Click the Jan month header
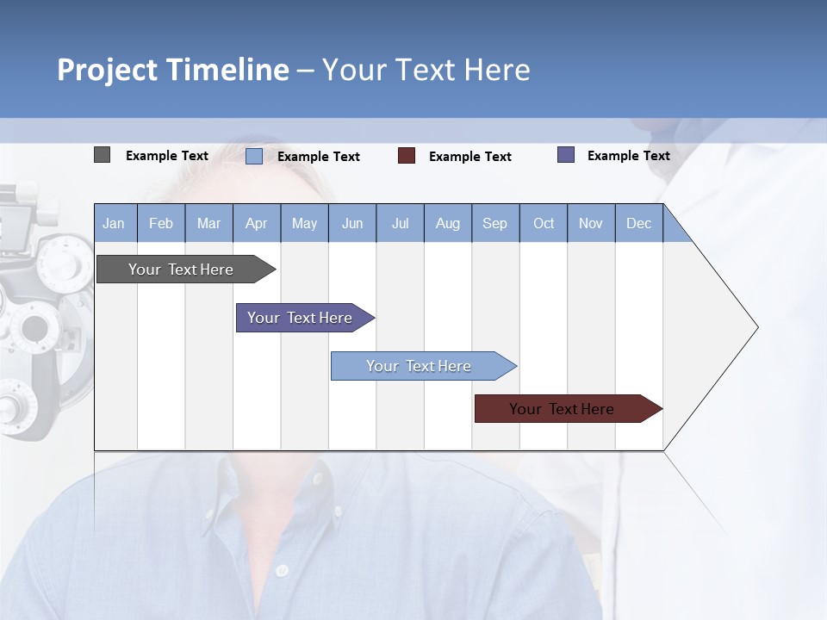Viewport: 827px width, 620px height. click(x=115, y=223)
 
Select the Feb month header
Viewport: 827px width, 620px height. click(x=161, y=223)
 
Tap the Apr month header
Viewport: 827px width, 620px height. click(x=257, y=223)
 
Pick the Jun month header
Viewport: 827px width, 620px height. click(x=352, y=223)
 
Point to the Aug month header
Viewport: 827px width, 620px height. click(x=448, y=223)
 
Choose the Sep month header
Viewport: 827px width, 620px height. click(x=495, y=223)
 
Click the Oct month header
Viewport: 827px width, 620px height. click(x=544, y=223)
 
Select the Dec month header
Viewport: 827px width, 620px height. click(x=639, y=223)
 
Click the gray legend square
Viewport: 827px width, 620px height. click(x=102, y=155)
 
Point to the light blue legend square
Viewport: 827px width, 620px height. click(x=254, y=156)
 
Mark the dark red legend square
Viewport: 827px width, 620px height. click(x=407, y=156)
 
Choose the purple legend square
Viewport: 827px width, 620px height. click(x=566, y=155)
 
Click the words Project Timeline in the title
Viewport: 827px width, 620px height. click(x=172, y=70)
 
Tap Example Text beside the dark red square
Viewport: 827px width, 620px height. click(x=470, y=157)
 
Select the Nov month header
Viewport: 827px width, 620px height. click(x=591, y=223)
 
